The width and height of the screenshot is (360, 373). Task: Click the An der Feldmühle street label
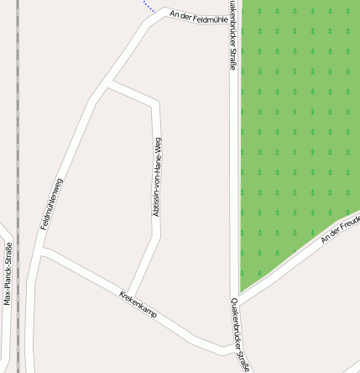198,18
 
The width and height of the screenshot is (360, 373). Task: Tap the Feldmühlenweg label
52,204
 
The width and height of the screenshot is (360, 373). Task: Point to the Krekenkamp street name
138,308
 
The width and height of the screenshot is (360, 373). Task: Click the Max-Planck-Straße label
8,274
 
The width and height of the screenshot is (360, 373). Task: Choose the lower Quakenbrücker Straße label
239,336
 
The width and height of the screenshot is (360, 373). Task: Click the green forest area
294,126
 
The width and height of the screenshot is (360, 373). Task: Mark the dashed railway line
18,168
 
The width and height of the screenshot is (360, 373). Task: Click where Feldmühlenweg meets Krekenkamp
42,250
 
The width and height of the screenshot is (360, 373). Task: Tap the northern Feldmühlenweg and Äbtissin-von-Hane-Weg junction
109,82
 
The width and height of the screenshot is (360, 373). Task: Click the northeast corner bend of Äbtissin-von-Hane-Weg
156,102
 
